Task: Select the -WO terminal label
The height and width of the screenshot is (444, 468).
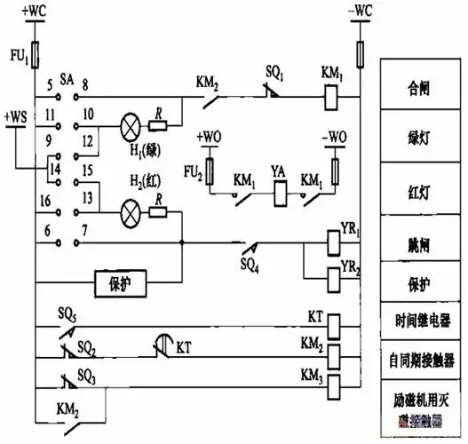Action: click(335, 138)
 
